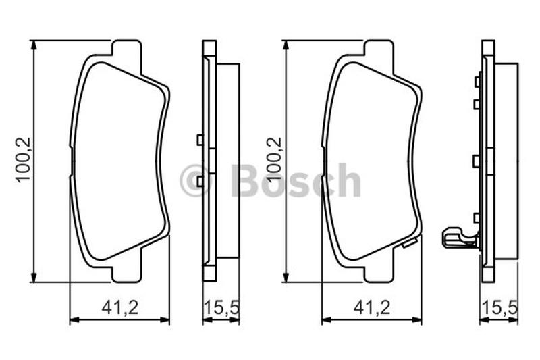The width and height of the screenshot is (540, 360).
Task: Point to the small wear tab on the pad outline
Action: pyautogui.click(x=410, y=243)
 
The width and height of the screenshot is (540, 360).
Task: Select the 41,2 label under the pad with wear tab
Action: pyautogui.click(x=372, y=307)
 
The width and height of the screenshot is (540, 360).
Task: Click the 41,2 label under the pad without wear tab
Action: pyautogui.click(x=120, y=307)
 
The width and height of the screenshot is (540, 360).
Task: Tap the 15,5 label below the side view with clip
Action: pyautogui.click(x=500, y=307)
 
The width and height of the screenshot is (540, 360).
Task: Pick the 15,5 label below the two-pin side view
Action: pyautogui.click(x=222, y=307)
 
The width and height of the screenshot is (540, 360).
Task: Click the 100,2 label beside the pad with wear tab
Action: pyautogui.click(x=275, y=159)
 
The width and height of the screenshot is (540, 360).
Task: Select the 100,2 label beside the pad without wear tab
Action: pyautogui.click(x=24, y=160)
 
